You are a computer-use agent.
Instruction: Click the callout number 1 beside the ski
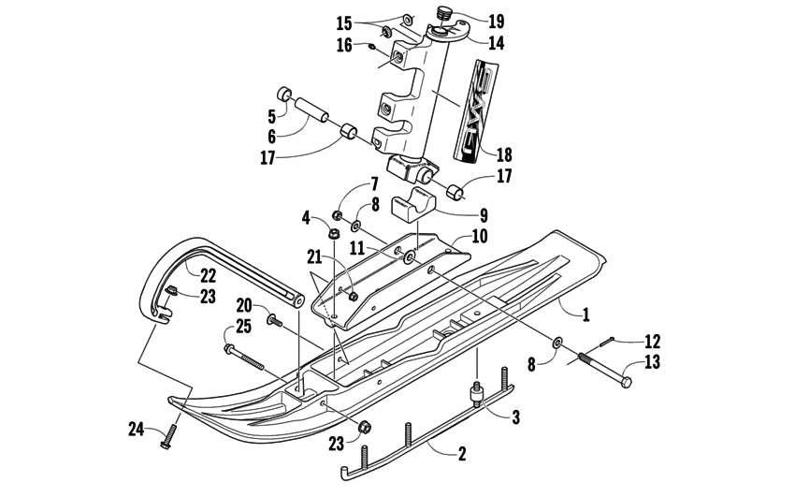coord(586,315)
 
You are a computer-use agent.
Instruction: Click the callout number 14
coord(495,42)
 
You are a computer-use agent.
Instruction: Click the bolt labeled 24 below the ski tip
coord(171,434)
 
